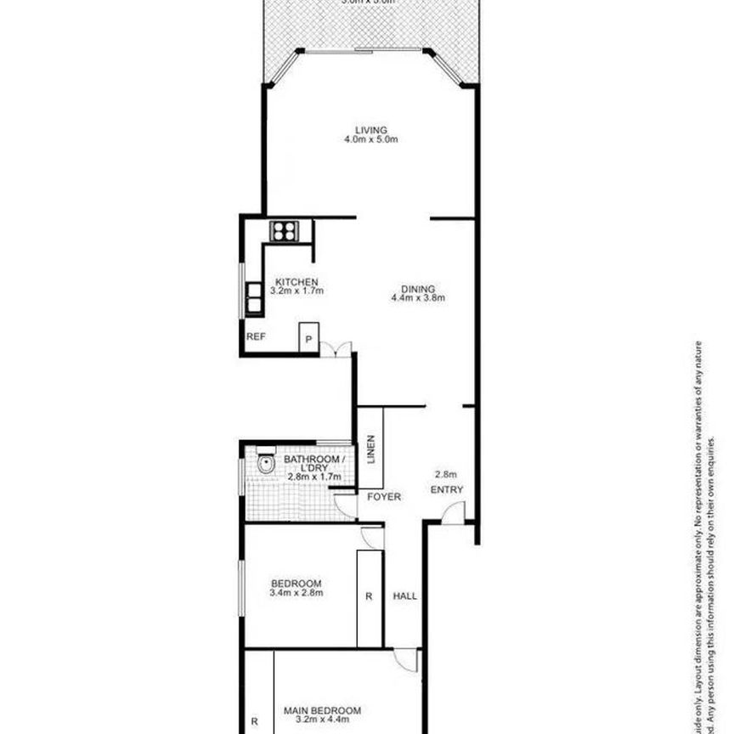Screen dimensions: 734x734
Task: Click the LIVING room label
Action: tap(371, 130)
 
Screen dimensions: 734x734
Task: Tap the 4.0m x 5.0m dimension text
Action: tap(371, 139)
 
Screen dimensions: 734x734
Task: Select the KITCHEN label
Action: tap(296, 282)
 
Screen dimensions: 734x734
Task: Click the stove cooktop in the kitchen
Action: tap(282, 229)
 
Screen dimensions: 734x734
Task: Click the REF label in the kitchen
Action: tap(256, 337)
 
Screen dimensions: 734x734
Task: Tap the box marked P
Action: tap(308, 339)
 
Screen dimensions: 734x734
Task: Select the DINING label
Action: tap(419, 288)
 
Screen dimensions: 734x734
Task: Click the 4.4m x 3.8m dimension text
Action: tap(419, 298)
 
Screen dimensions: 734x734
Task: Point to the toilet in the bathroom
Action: tap(265, 465)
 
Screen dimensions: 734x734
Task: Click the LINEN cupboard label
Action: tap(371, 451)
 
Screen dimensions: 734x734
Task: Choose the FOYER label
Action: tap(383, 497)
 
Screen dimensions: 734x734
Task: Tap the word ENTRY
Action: tap(447, 490)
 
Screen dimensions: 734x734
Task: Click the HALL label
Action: tap(404, 596)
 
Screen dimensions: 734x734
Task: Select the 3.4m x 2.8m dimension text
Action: tap(296, 593)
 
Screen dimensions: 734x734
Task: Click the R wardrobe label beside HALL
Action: tap(369, 596)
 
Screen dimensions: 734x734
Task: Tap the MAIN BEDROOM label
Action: tap(322, 711)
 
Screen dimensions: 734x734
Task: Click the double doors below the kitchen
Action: tap(341, 349)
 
